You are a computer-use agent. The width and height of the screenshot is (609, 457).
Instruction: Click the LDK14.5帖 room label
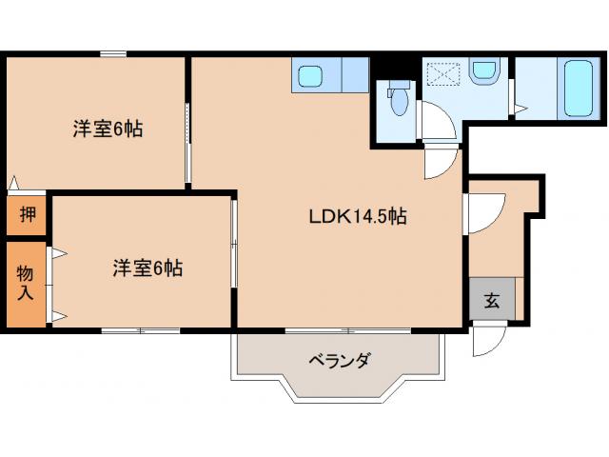357,216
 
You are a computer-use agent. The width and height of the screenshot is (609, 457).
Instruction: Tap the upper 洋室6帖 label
108,129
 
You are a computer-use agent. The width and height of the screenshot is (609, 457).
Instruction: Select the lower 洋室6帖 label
147,268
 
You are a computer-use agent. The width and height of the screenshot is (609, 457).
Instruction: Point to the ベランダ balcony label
338,361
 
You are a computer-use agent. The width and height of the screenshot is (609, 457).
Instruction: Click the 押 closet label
29,214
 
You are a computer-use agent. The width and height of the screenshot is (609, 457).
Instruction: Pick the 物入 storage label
26,283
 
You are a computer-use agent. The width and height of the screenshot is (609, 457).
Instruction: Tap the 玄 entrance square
492,301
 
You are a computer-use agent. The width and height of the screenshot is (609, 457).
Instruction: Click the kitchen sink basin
309,75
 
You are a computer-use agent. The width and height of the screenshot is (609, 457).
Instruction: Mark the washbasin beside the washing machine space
484,71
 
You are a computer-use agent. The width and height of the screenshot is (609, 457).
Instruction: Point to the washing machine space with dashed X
444,74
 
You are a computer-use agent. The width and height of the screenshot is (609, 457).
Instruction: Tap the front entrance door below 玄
484,341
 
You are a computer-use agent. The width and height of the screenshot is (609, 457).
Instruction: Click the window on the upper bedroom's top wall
114,54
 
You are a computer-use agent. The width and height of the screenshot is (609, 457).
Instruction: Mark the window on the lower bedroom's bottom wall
140,330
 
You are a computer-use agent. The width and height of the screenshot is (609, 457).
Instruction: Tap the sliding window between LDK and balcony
348,330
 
